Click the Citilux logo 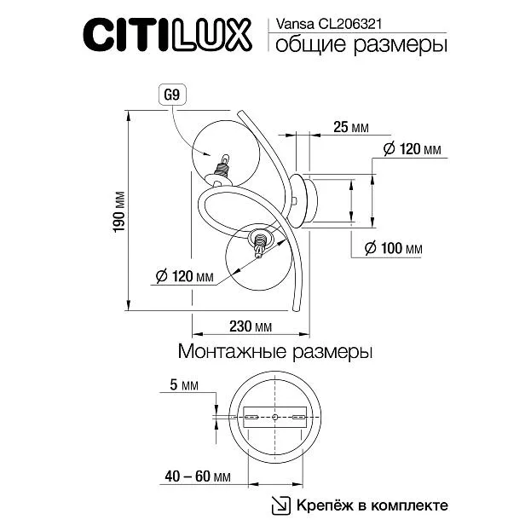click(x=167, y=35)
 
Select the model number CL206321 click(x=349, y=25)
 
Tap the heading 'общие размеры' click(x=361, y=45)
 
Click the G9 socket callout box click(x=172, y=95)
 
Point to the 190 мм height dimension click(x=119, y=212)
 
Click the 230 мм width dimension click(x=251, y=326)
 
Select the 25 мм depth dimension click(x=351, y=127)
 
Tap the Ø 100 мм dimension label click(x=394, y=248)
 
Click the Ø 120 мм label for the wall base click(x=413, y=149)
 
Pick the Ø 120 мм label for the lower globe click(x=185, y=276)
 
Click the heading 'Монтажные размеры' click(x=275, y=351)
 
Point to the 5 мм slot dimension click(x=184, y=385)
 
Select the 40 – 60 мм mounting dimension click(x=198, y=476)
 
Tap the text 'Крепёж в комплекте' click(x=372, y=505)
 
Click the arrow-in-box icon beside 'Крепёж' click(x=281, y=505)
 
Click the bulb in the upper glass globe click(x=225, y=159)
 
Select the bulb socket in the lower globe click(x=260, y=242)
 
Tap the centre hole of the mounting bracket click(x=275, y=417)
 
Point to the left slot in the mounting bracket click(x=252, y=417)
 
